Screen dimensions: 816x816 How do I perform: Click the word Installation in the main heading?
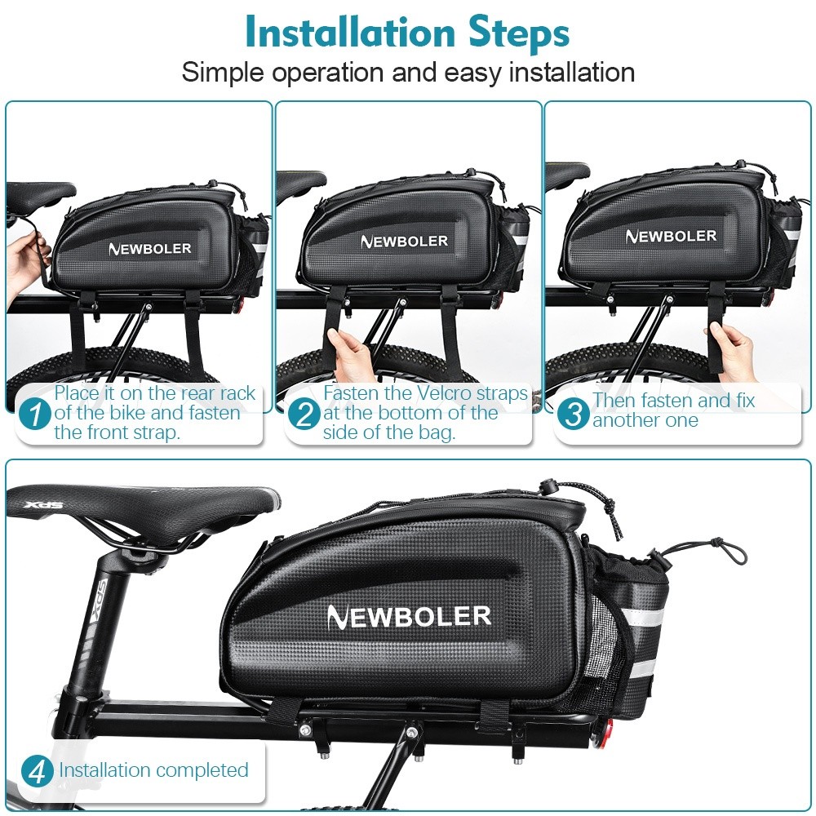coord(349,33)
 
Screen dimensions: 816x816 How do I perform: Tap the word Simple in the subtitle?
coord(223,73)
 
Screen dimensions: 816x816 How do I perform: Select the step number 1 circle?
coord(35,414)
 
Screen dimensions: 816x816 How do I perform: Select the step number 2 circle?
coord(304,414)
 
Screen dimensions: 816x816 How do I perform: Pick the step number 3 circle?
coord(573,414)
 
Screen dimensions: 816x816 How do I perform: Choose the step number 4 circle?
coord(38,771)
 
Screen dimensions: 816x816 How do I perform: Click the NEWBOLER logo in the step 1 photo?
coord(150,249)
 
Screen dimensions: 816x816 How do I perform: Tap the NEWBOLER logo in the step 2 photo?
coord(405,241)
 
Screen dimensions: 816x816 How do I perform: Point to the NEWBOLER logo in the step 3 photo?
coord(671,237)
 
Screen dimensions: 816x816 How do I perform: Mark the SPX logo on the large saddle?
coord(42,505)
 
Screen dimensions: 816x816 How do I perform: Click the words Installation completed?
coord(153,770)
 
